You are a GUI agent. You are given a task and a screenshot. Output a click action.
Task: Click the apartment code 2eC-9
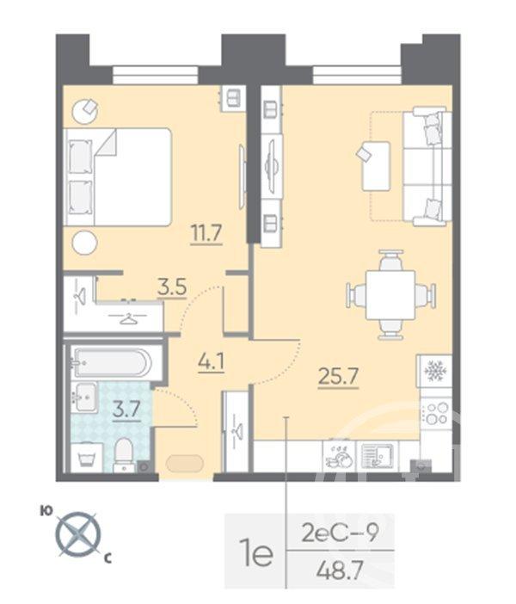[342, 532]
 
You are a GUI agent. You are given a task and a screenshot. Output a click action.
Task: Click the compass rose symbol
[78, 533]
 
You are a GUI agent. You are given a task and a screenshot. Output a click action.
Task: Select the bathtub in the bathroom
[111, 362]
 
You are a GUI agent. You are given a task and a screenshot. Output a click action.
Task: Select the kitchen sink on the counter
[375, 454]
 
